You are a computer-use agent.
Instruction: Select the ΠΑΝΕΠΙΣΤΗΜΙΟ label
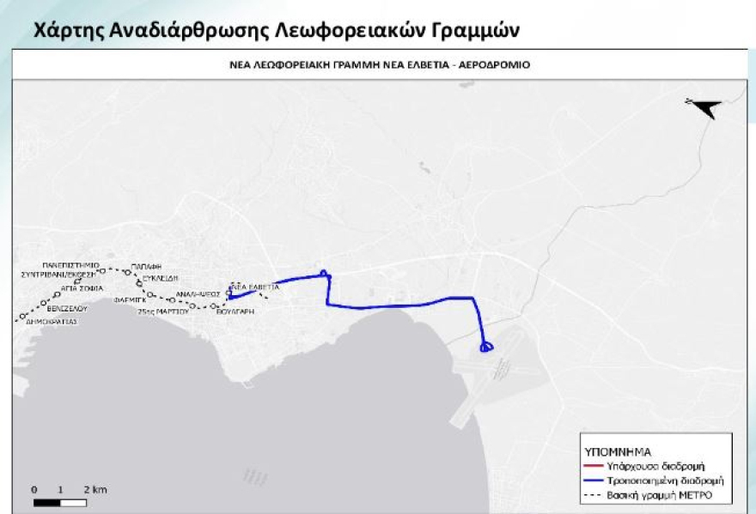coord(70,265)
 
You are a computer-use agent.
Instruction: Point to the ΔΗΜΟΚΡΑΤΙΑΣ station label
coord(52,322)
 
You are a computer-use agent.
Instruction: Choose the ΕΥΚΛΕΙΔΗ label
coord(159,279)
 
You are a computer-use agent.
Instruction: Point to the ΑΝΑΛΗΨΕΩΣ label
coord(198,293)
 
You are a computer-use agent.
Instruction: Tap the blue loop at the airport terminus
coord(486,348)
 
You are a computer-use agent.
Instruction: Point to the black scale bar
coord(61,501)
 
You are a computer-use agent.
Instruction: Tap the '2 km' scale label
coord(95,489)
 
